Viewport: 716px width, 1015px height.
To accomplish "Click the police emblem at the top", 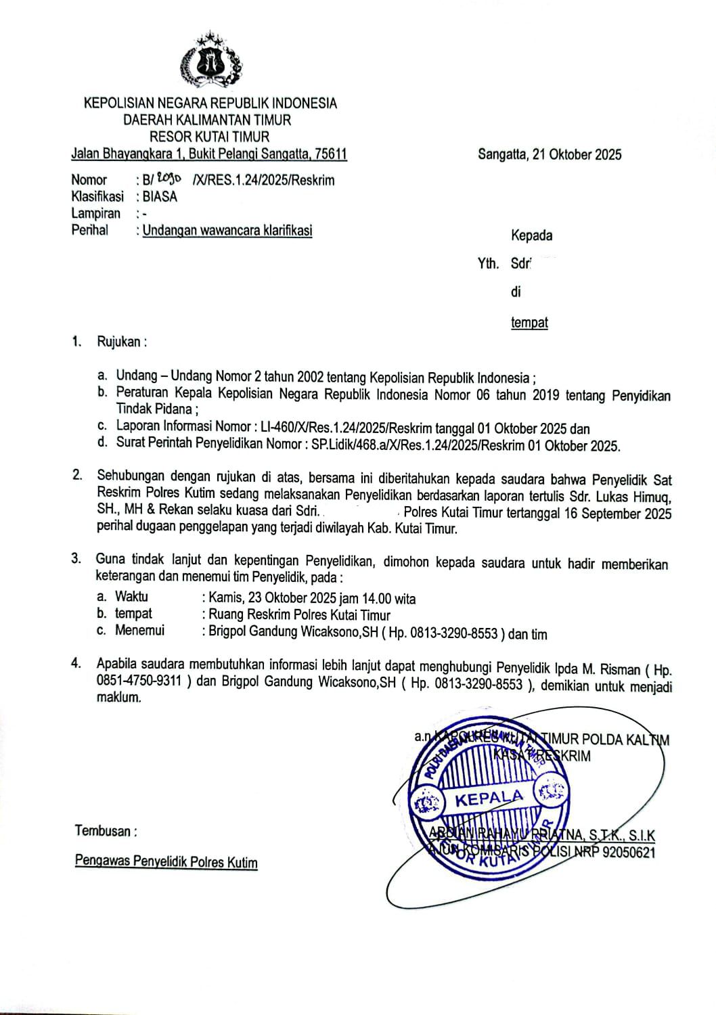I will pos(210,61).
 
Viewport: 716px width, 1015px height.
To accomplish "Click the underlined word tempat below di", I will pos(529,323).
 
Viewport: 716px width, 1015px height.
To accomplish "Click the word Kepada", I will pos(531,236).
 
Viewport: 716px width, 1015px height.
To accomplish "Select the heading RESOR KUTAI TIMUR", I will pos(209,137).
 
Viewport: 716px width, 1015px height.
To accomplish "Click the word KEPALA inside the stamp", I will pos(489,798).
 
